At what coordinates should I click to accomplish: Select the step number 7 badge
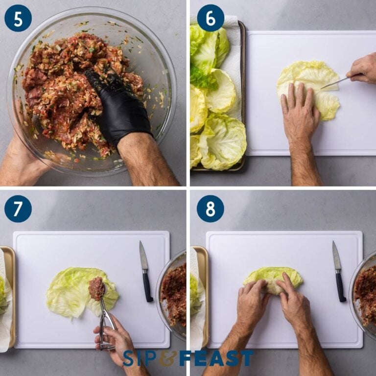(x=18, y=209)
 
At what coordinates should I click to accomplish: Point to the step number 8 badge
(x=211, y=209)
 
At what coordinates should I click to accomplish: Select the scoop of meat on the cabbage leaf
(x=96, y=288)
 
